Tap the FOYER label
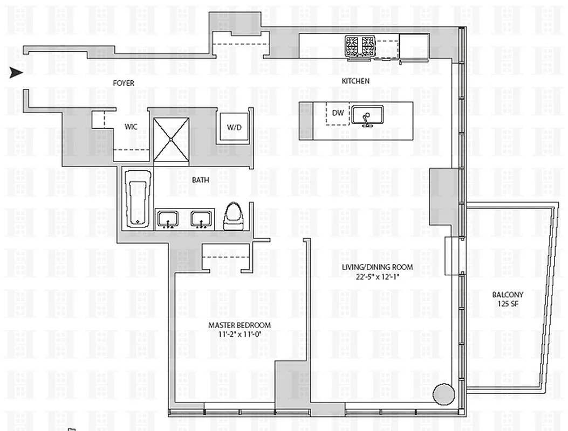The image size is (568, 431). (124, 83)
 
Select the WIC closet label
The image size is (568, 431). (131, 127)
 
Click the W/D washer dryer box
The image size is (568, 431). (234, 128)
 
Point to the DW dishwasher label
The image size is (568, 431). (338, 113)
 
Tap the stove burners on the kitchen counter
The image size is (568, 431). (360, 43)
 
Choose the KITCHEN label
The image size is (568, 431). (355, 81)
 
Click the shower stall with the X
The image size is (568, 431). (171, 140)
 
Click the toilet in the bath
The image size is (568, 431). (234, 217)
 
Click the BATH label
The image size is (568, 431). (201, 180)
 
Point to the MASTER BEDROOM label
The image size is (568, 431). (239, 325)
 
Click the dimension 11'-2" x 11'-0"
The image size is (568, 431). (239, 334)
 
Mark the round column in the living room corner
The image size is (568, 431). (444, 394)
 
